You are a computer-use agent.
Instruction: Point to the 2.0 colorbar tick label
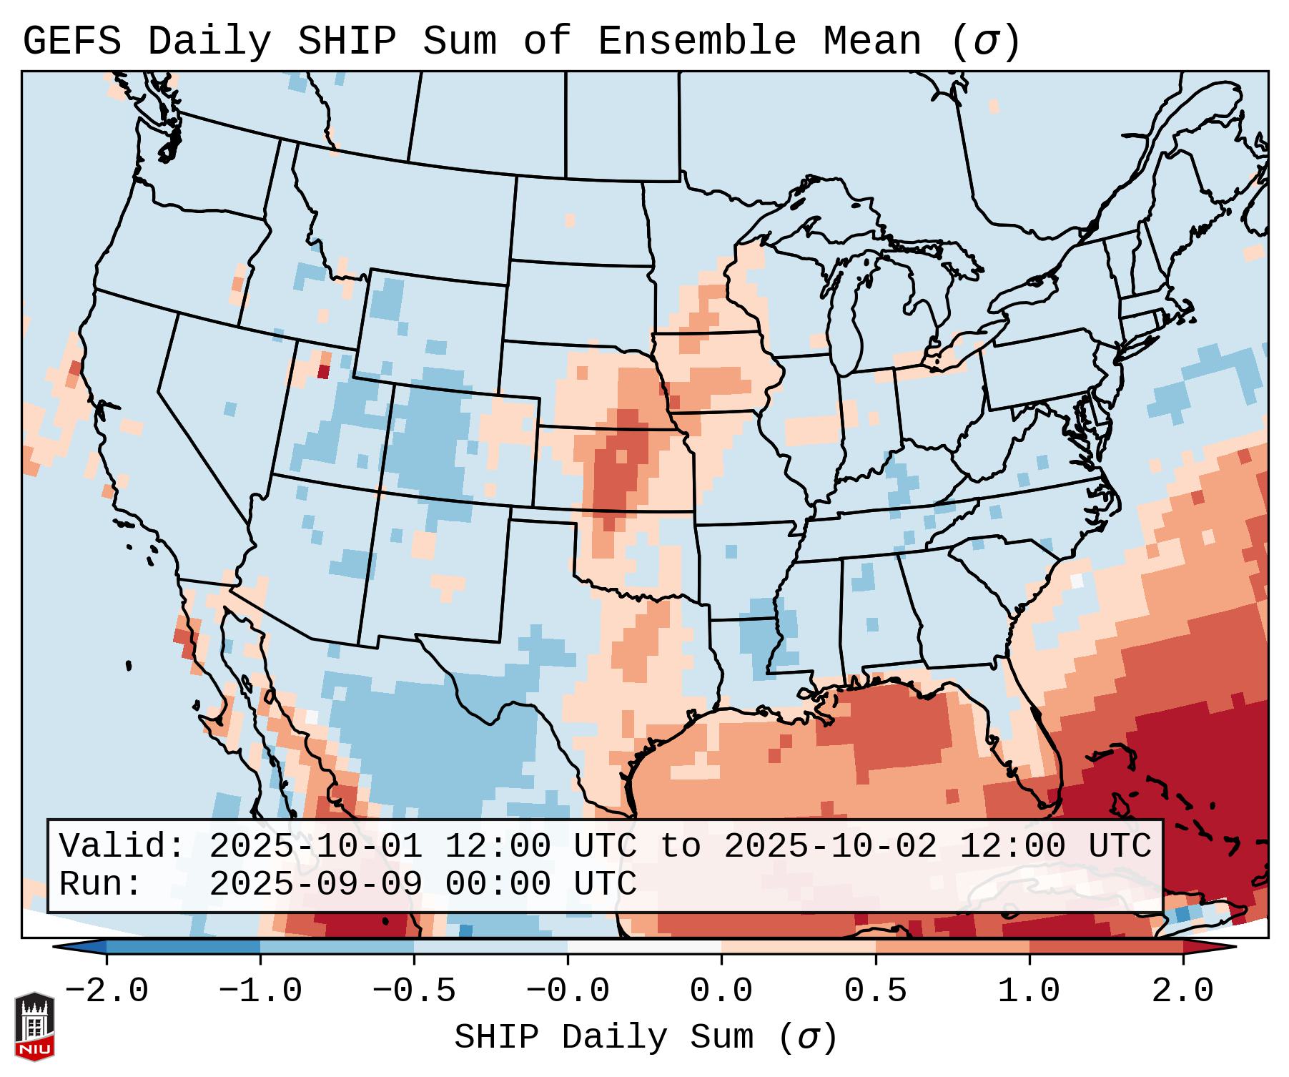1182,991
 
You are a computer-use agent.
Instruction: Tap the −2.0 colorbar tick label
106,991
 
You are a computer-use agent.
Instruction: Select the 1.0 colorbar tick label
1029,991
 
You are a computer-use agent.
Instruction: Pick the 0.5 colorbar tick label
875,991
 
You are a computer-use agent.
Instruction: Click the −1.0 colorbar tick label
260,991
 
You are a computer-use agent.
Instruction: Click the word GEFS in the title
71,41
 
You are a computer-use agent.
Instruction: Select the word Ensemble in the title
696,41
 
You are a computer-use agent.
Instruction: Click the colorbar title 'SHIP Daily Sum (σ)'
645,1038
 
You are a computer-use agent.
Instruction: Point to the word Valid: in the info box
122,847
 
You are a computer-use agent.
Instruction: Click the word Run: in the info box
101,885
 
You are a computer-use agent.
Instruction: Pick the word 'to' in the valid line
680,847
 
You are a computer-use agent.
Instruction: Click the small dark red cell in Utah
323,371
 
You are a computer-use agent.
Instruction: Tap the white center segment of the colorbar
644,947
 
